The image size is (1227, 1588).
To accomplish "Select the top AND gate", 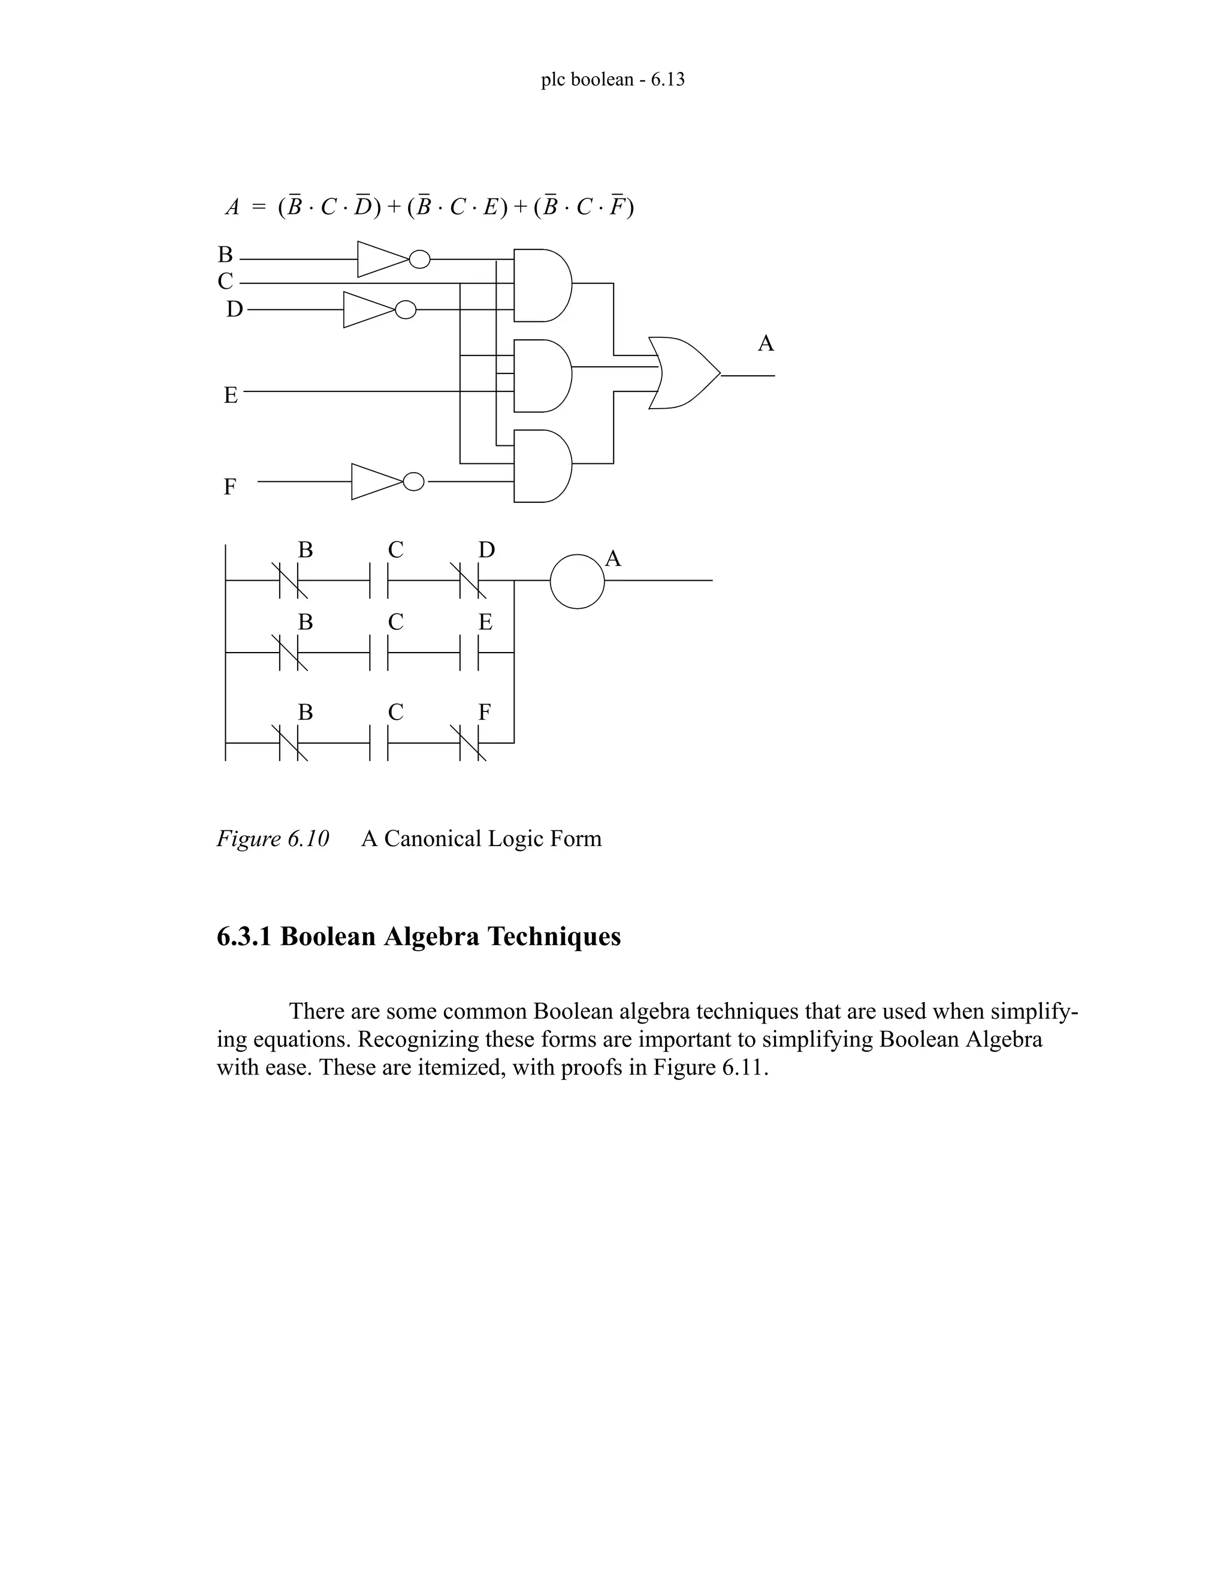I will (x=542, y=285).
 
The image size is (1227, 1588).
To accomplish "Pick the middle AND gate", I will (x=542, y=375).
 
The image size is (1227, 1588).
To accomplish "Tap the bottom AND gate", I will (x=542, y=466).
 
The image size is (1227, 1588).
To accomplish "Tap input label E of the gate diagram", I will (x=231, y=396).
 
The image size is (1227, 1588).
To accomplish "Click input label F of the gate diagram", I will (x=229, y=487).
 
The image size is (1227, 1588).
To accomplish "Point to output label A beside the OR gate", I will (x=766, y=343).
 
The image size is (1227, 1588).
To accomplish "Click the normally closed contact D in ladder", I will (x=473, y=581).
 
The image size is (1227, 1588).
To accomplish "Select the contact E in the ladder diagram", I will (x=470, y=653).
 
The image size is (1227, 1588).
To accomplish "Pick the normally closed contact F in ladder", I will (x=473, y=742).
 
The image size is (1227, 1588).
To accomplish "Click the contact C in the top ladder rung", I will (x=379, y=581).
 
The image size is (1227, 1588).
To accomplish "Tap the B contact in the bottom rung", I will (x=292, y=742).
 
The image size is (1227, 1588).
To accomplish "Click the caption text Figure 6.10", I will (x=273, y=838).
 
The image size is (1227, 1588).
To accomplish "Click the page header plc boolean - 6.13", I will (x=613, y=79).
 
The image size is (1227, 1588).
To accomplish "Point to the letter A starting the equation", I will (x=232, y=208).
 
